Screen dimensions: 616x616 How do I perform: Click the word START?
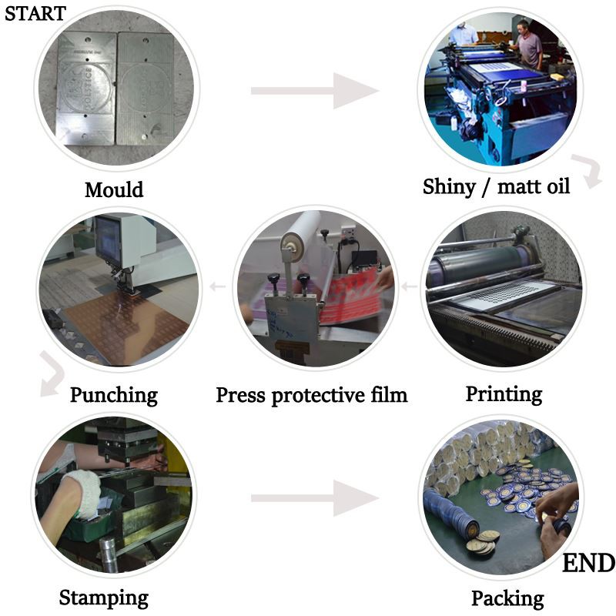(x=35, y=13)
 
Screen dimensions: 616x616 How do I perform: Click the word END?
(x=588, y=564)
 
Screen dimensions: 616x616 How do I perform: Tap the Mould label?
(x=114, y=189)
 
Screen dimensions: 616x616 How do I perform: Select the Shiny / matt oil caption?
(x=497, y=186)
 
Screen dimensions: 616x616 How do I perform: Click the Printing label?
(x=504, y=394)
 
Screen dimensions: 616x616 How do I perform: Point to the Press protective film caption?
(x=311, y=395)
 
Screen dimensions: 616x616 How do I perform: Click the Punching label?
(x=114, y=395)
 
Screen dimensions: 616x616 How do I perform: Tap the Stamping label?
(x=104, y=597)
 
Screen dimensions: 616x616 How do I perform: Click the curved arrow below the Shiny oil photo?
(x=591, y=171)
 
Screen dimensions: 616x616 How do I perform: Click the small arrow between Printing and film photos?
(x=410, y=287)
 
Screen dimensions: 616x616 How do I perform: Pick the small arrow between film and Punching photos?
(x=218, y=287)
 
